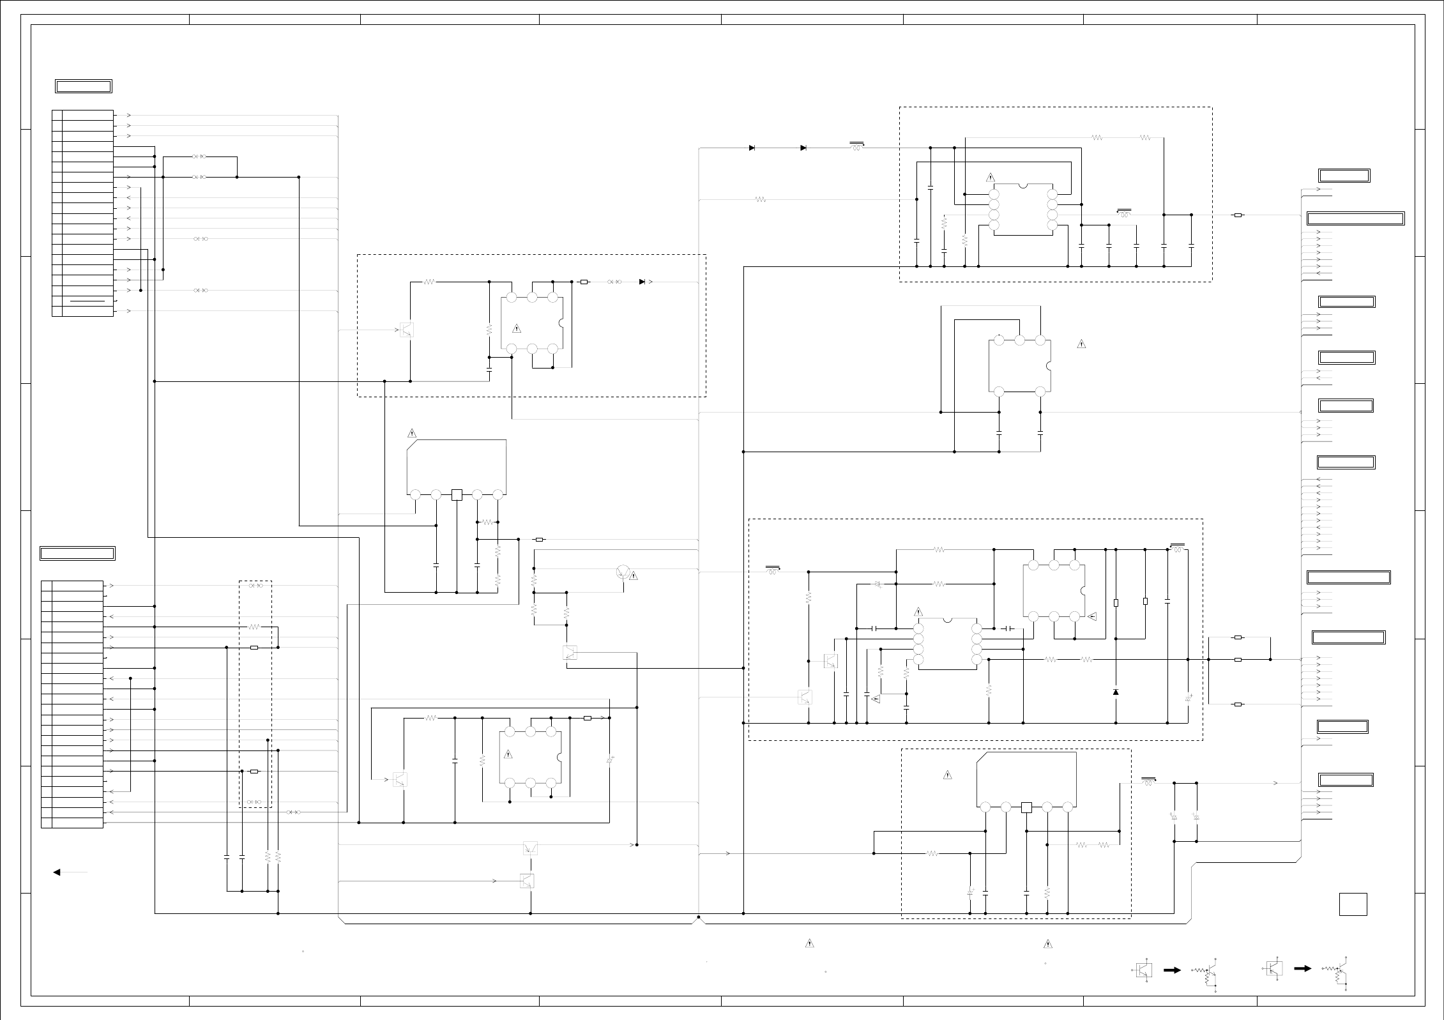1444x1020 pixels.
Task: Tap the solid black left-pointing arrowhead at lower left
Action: (57, 872)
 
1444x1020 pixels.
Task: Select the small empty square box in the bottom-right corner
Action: (1353, 904)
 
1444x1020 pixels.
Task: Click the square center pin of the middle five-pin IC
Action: (457, 494)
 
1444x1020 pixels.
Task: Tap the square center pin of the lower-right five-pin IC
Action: (1026, 808)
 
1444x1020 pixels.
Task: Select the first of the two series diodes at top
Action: (752, 148)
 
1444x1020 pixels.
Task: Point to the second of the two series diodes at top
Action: (803, 148)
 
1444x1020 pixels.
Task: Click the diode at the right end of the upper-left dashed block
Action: (642, 282)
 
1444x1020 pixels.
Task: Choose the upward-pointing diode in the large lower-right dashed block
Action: (1116, 692)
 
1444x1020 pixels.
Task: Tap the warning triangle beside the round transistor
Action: (634, 576)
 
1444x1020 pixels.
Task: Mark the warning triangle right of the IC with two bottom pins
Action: (1081, 344)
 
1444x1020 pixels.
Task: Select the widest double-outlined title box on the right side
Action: (1356, 219)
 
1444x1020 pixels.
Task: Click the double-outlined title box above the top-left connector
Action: (84, 86)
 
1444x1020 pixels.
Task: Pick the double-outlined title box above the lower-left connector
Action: (77, 553)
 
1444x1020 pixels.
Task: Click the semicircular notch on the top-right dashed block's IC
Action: (1023, 186)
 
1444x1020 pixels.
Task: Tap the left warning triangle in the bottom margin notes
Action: (809, 943)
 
